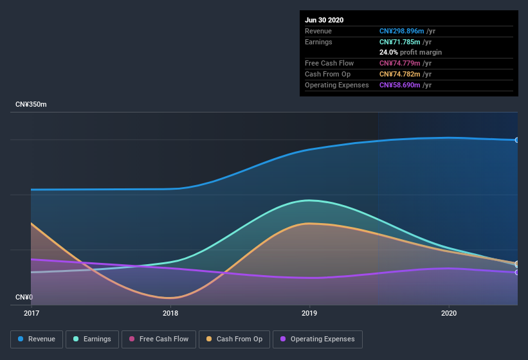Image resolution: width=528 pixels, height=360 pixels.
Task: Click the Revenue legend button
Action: (37, 339)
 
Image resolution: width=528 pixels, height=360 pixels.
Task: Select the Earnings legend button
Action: (92, 339)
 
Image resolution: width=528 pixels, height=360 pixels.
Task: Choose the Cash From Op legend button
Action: (234, 339)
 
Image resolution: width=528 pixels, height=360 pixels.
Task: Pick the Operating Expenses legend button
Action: (317, 339)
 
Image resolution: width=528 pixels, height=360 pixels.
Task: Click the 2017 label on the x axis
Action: (32, 313)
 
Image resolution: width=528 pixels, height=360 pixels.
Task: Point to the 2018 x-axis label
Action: (170, 313)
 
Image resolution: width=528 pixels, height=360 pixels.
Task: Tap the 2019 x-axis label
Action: (309, 313)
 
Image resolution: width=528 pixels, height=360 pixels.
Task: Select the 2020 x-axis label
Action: (449, 313)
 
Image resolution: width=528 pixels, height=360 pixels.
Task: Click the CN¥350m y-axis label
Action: (31, 104)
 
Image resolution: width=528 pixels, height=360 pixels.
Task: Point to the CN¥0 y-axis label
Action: (24, 297)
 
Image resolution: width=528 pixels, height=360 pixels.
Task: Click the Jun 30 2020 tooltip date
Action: (324, 20)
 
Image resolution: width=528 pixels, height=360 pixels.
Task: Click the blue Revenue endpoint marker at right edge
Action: (517, 139)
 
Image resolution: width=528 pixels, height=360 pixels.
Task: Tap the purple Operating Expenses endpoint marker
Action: (517, 273)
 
